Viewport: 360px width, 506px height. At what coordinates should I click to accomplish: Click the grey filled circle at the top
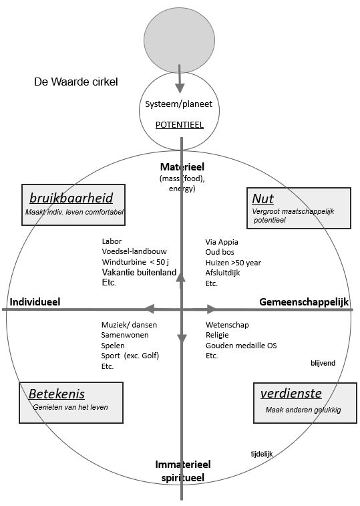click(x=180, y=39)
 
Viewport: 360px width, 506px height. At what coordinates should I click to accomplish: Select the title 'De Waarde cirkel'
click(x=75, y=82)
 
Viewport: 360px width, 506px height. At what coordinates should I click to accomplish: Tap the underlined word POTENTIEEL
click(x=180, y=125)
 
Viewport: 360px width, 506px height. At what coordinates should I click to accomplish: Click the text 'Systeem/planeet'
click(x=179, y=104)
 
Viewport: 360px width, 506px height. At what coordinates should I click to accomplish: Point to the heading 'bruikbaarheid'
click(x=71, y=198)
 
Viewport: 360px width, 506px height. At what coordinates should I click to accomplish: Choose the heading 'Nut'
click(x=263, y=199)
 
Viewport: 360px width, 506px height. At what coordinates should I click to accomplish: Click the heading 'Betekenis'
click(x=57, y=394)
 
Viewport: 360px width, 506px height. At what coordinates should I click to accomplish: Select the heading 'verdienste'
click(x=291, y=394)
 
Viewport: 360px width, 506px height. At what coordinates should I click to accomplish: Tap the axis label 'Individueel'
click(x=35, y=301)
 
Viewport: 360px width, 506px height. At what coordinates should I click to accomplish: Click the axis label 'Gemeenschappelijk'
click(x=304, y=301)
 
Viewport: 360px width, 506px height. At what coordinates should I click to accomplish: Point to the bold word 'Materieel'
click(x=182, y=167)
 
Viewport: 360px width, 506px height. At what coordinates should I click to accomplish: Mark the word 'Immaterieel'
click(x=183, y=465)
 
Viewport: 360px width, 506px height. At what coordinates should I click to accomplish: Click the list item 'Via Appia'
click(x=222, y=242)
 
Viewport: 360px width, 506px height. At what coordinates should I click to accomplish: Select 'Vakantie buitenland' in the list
click(x=139, y=272)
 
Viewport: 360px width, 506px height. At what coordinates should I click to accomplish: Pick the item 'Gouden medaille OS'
click(x=241, y=346)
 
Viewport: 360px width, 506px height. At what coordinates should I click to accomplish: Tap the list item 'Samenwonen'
click(x=125, y=335)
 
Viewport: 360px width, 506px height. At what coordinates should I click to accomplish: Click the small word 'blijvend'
click(x=323, y=363)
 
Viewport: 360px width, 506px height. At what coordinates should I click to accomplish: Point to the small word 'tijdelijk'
click(x=262, y=454)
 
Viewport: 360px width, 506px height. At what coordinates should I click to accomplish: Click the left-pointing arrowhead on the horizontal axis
click(x=149, y=309)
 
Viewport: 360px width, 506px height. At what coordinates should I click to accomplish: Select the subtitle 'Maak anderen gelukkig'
click(x=303, y=410)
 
